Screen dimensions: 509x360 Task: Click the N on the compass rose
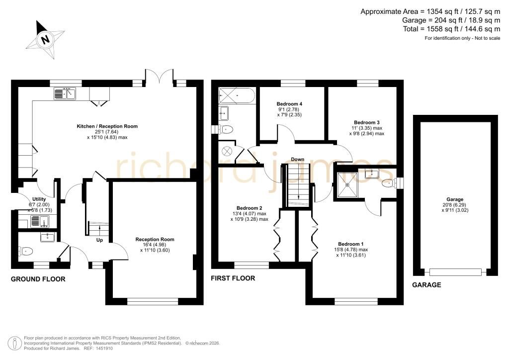click(45, 40)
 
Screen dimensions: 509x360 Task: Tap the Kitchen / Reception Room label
click(107, 126)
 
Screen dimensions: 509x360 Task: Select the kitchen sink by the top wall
click(65, 93)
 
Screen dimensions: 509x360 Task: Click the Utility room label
click(39, 199)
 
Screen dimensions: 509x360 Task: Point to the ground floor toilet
click(26, 251)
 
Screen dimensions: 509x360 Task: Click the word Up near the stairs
click(99, 240)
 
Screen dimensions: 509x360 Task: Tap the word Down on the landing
click(297, 160)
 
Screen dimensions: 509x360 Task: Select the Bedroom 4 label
click(289, 104)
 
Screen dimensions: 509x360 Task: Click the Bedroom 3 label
click(366, 122)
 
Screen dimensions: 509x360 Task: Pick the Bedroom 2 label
click(250, 208)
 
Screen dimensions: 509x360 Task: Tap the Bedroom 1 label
click(350, 244)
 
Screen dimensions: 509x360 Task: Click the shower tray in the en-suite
click(347, 184)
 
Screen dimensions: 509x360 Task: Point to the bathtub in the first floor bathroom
click(237, 95)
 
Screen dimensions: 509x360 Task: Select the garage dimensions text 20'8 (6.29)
click(455, 205)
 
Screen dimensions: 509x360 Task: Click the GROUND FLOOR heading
click(38, 279)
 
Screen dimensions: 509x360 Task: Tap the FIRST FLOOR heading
click(233, 278)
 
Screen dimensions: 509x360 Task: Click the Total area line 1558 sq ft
click(451, 29)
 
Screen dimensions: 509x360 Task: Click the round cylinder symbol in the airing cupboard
click(226, 151)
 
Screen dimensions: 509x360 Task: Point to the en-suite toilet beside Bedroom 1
click(389, 184)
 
